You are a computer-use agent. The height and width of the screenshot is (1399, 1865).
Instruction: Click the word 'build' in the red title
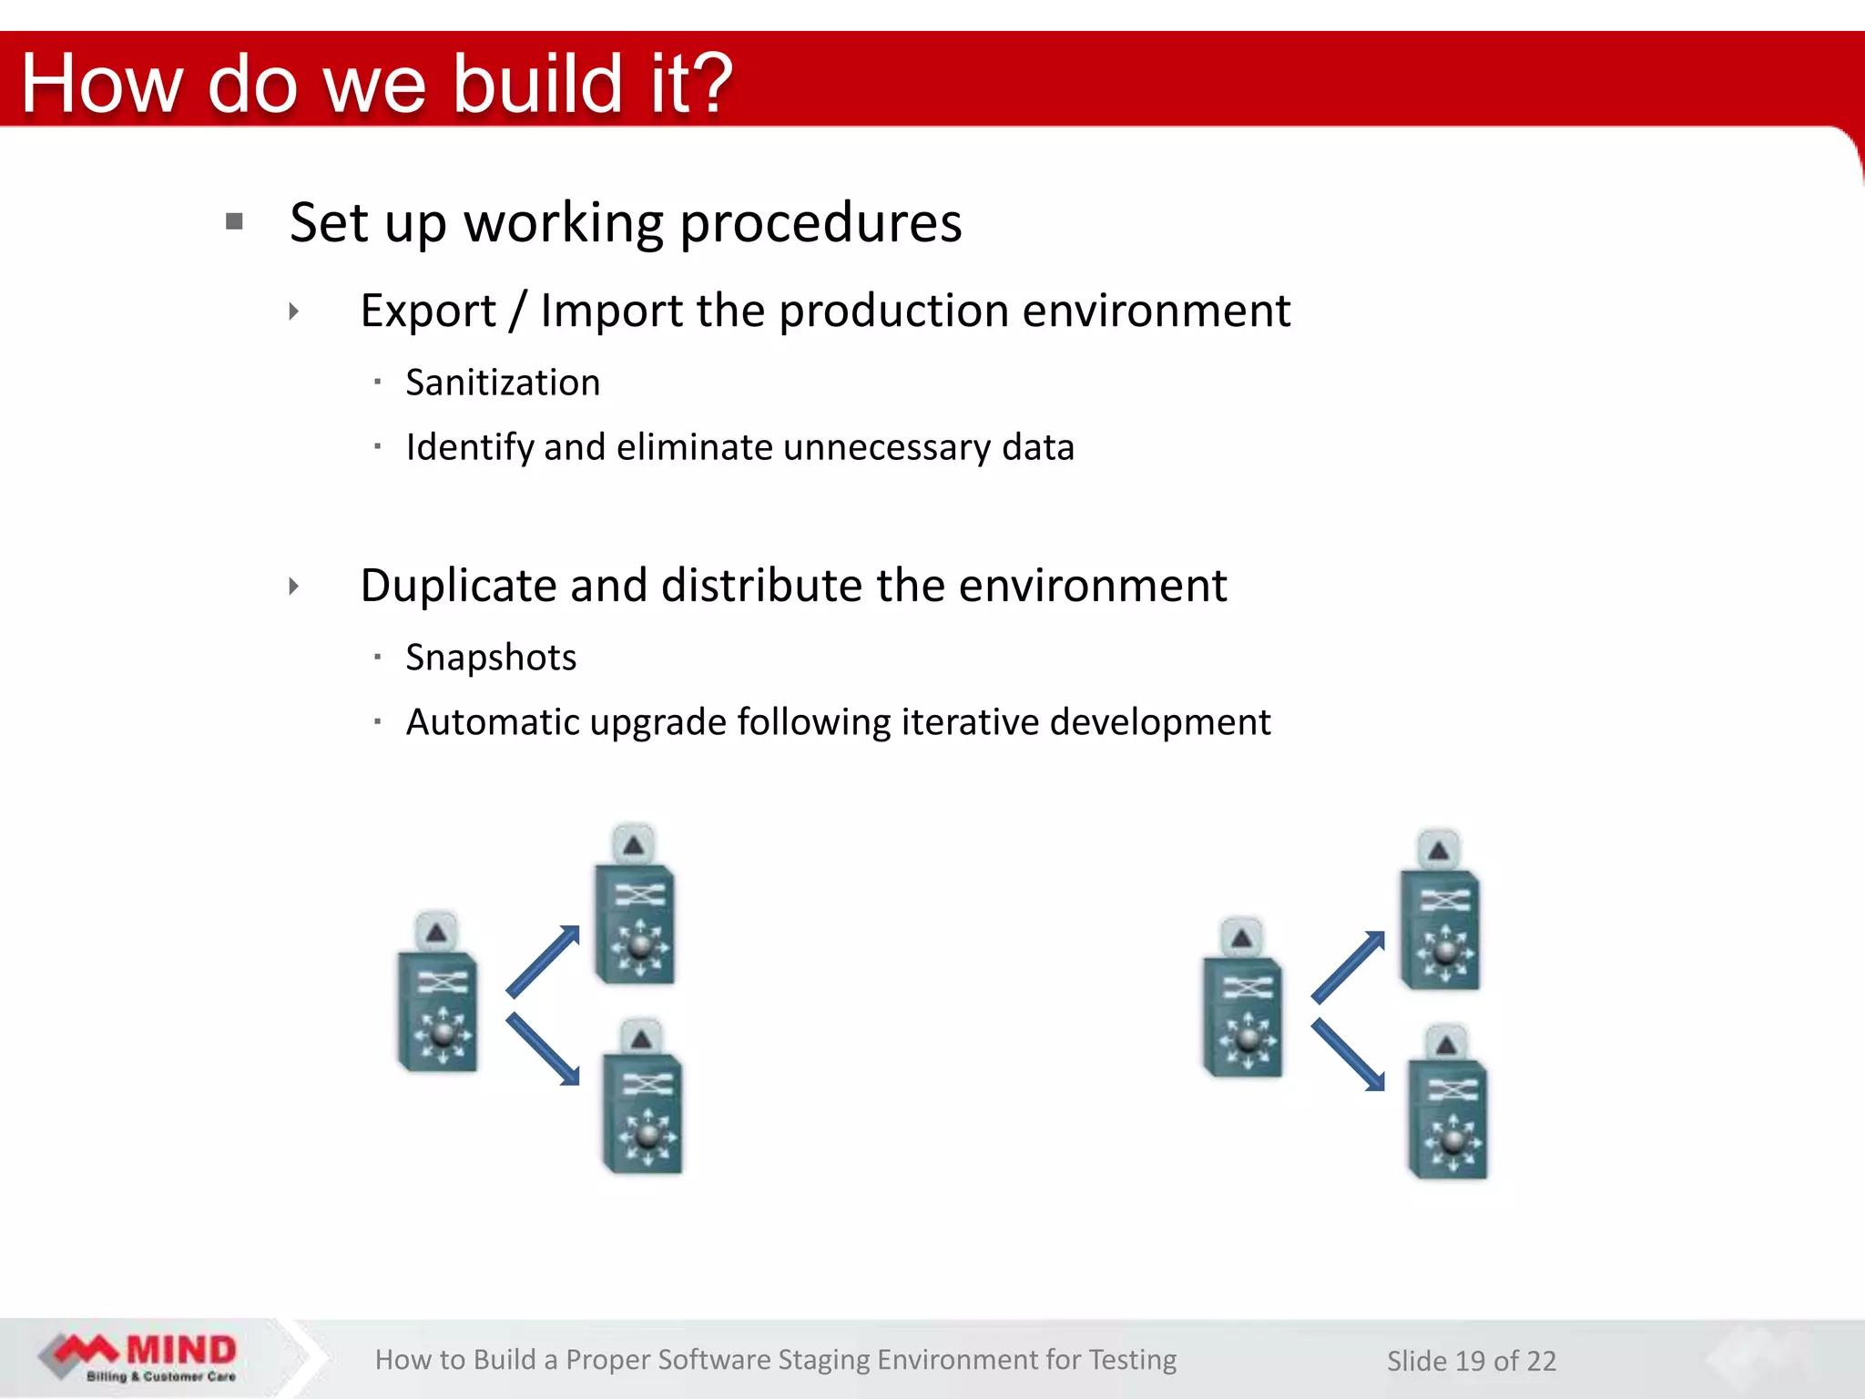537,84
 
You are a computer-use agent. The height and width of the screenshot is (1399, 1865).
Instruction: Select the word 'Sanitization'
503,383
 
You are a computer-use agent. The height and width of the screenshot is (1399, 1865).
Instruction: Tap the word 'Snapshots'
491,658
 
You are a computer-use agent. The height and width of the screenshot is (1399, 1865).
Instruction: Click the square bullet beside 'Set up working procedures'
235,221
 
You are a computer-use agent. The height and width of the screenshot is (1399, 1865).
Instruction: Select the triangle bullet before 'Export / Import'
293,311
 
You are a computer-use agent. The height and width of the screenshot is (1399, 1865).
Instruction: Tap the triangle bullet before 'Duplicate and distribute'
293,586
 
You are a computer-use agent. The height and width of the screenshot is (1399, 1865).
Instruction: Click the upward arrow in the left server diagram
544,960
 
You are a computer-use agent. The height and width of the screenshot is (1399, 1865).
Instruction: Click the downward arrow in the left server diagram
544,1049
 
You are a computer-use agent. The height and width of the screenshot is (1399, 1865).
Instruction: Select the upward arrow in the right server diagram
1349,966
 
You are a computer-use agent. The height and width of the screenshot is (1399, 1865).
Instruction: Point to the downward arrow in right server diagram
1349,1056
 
